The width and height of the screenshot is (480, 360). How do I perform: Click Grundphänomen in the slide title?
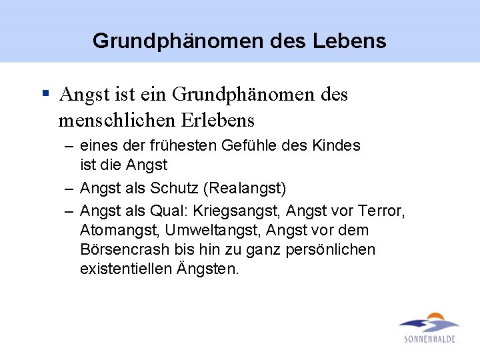pyautogui.click(x=178, y=41)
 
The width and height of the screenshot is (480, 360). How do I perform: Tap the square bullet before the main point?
pyautogui.click(x=45, y=94)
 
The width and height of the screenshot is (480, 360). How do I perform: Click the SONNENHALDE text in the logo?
pyautogui.click(x=430, y=339)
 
